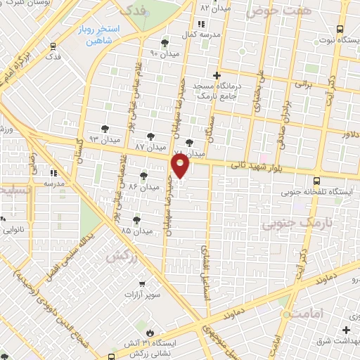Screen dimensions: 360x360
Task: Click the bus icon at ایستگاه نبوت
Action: click(340, 29)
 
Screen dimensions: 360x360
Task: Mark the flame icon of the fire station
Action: click(149, 330)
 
